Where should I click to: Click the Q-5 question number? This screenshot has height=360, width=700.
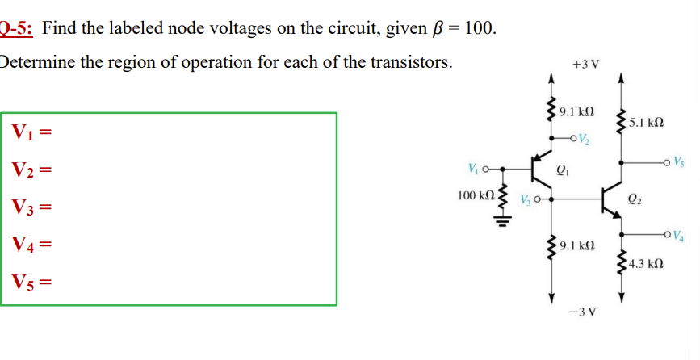pyautogui.click(x=16, y=29)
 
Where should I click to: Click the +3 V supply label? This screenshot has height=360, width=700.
pyautogui.click(x=585, y=64)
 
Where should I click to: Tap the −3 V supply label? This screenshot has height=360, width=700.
pyautogui.click(x=585, y=312)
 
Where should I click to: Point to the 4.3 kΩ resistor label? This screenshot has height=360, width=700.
pyautogui.click(x=646, y=263)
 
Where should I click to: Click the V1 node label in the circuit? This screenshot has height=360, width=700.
pyautogui.click(x=475, y=170)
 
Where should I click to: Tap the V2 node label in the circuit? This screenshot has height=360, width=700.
pyautogui.click(x=585, y=139)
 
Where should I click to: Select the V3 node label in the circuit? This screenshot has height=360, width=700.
pyautogui.click(x=528, y=199)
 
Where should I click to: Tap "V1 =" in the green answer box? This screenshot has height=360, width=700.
pyautogui.click(x=32, y=132)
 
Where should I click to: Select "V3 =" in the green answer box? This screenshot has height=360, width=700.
pyautogui.click(x=32, y=207)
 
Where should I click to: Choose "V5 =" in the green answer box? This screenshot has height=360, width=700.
pyautogui.click(x=32, y=283)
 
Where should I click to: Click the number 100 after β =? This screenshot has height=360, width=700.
pyautogui.click(x=480, y=29)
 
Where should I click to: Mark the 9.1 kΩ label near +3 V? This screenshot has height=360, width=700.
pyautogui.click(x=576, y=111)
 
